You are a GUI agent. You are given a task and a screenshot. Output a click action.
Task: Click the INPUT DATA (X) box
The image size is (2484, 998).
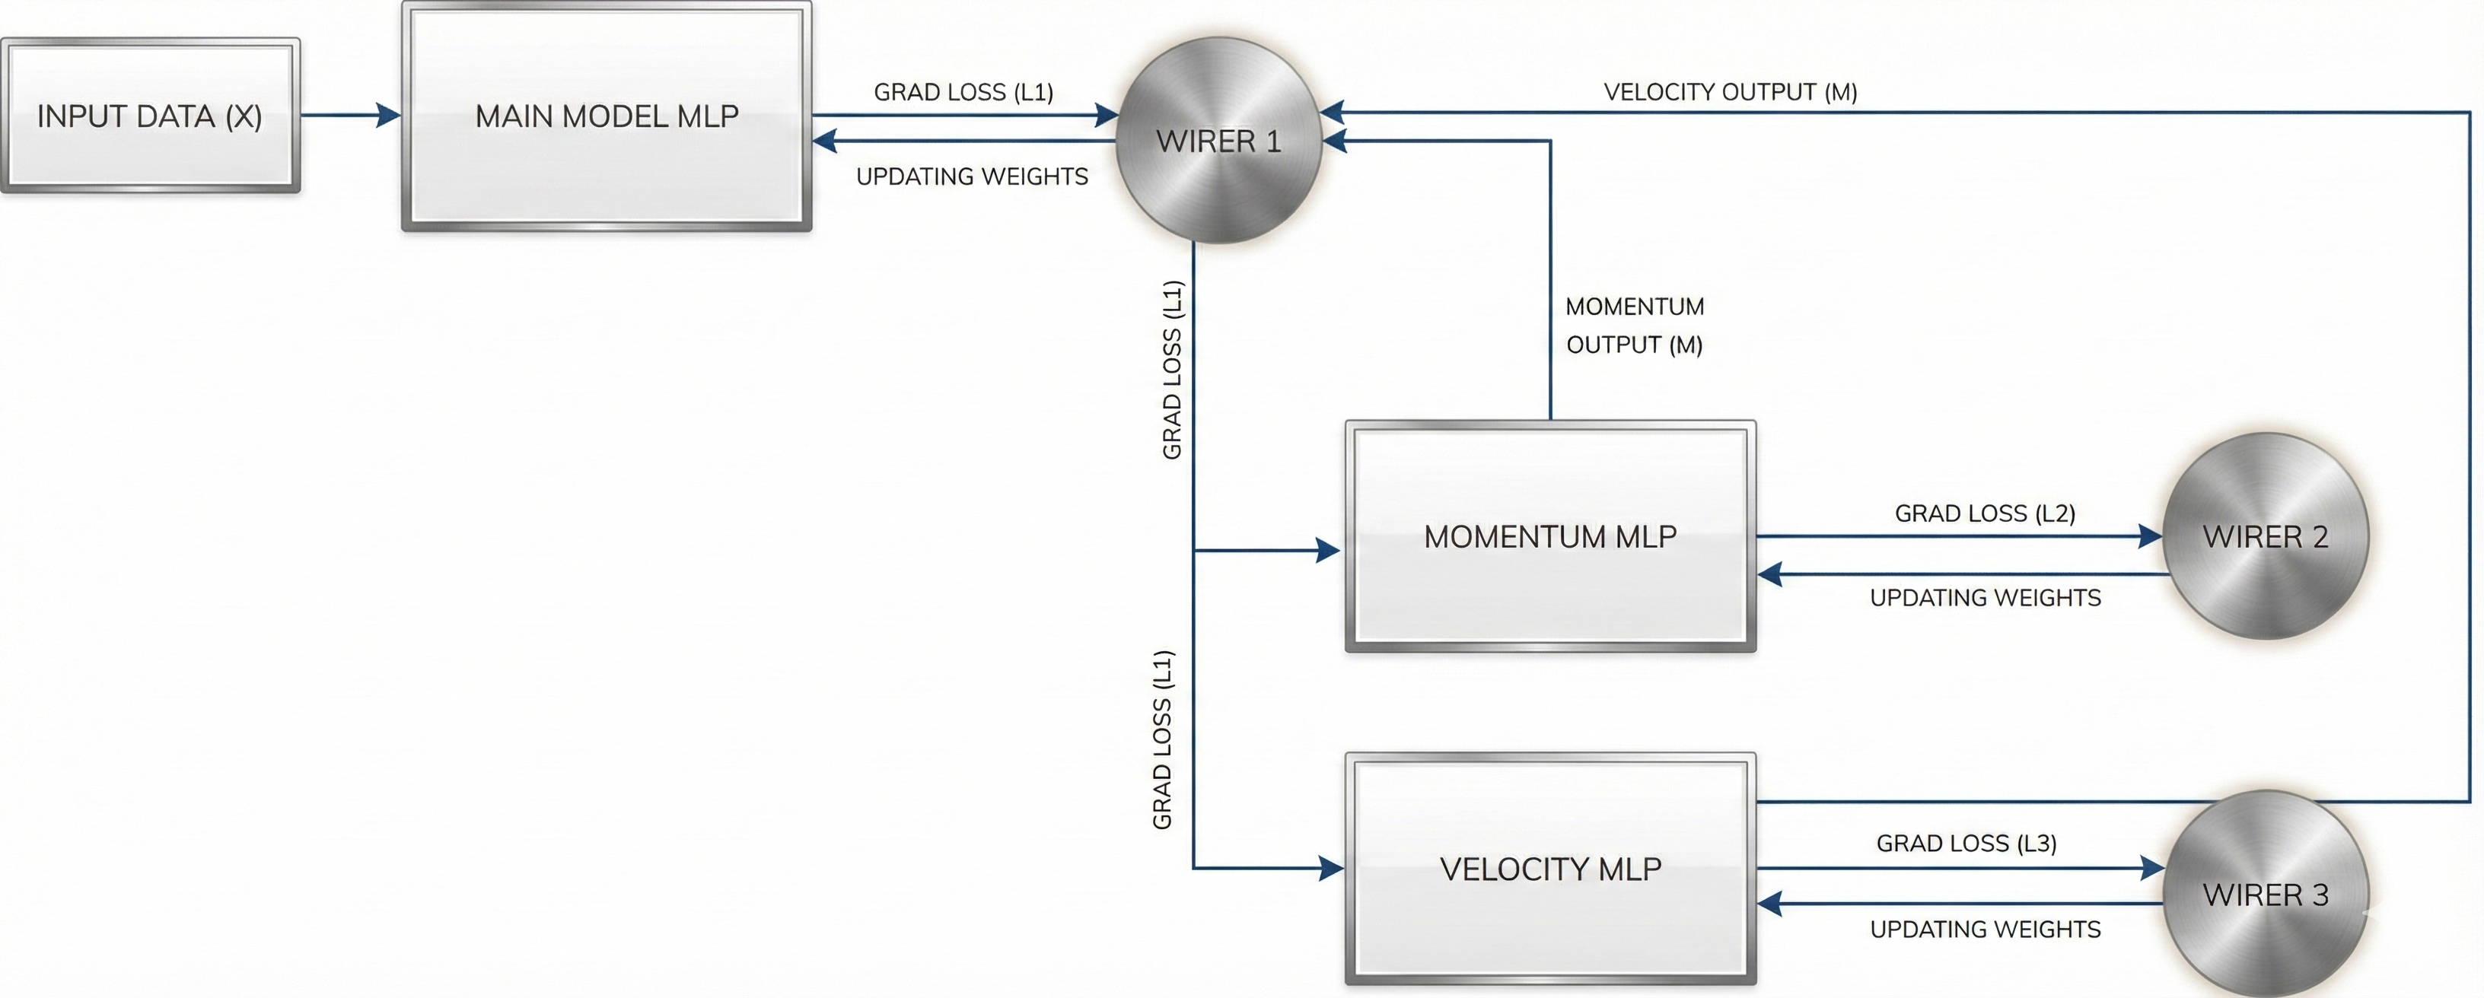(149, 116)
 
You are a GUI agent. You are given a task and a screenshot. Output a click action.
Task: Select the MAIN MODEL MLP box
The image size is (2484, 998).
(607, 116)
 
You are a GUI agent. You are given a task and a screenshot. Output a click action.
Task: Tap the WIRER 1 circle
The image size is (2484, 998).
(1218, 141)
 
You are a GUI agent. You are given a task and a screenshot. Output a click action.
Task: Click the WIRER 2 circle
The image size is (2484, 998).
(2265, 536)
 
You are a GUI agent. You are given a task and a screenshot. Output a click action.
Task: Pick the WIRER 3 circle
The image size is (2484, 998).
(2265, 894)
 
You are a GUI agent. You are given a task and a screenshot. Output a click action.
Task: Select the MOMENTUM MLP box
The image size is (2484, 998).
(1549, 536)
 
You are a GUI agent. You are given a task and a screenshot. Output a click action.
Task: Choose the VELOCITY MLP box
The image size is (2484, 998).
(1549, 869)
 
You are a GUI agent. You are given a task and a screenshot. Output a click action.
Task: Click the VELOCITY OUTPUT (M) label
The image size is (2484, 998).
(1730, 91)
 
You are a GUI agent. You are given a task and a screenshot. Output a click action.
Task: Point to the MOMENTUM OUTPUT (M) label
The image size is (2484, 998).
(1635, 326)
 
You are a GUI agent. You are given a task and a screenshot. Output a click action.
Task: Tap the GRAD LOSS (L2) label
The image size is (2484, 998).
(1985, 513)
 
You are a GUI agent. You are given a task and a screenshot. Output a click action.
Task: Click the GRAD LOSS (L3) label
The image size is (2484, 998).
(1966, 843)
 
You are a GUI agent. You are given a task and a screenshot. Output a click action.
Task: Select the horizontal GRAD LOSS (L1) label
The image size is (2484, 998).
(963, 91)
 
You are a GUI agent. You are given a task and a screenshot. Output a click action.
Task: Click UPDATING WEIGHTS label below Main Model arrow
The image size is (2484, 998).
(972, 176)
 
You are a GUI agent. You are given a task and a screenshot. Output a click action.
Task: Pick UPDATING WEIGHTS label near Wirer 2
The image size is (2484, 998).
(1985, 598)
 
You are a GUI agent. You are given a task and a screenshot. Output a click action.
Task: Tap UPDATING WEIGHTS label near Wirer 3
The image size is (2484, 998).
(1985, 930)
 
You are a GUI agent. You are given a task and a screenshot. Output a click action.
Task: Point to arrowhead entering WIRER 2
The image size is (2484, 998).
(2149, 536)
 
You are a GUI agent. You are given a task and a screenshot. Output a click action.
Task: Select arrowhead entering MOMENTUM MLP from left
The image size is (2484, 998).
(1328, 551)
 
